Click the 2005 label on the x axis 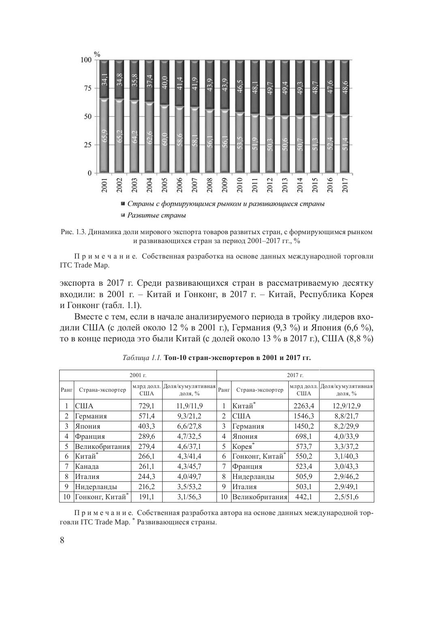165,185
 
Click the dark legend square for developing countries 123,204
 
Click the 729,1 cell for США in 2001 146,405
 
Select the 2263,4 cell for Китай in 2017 304,405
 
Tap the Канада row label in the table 87,467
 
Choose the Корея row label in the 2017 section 243,446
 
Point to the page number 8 62,540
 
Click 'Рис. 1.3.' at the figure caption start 73,232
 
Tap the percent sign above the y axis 97,54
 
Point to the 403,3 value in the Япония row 146,426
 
